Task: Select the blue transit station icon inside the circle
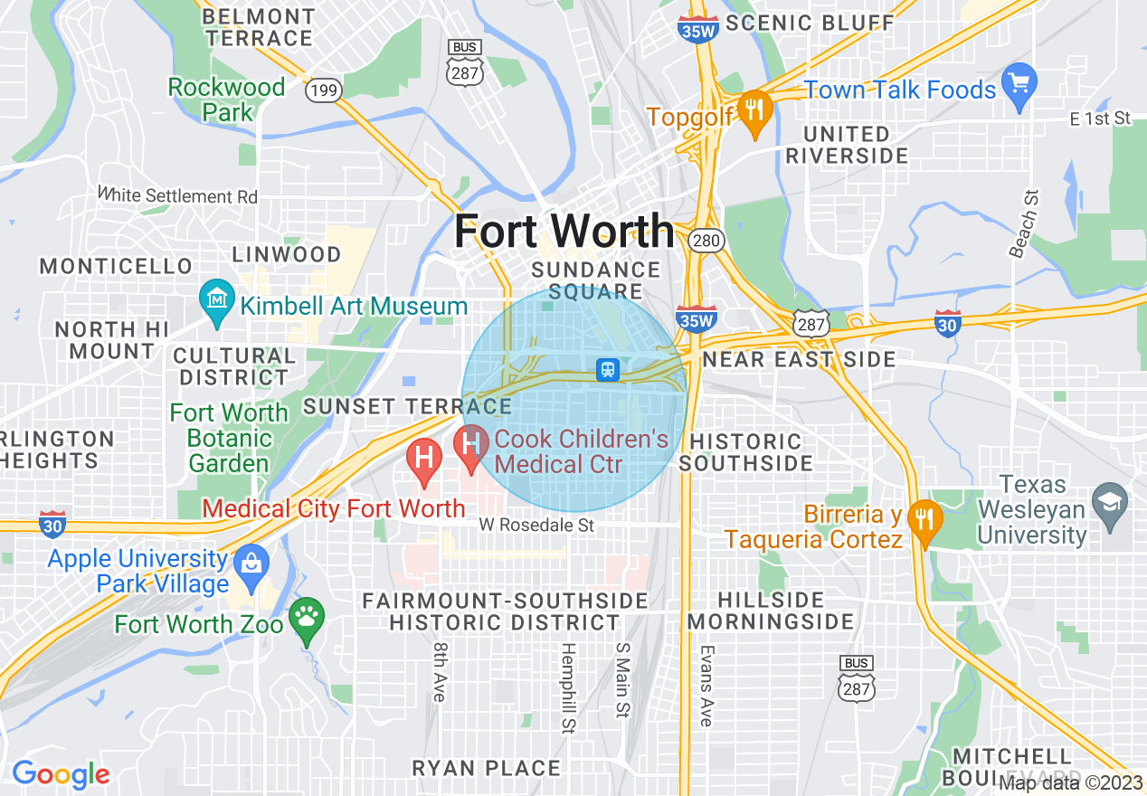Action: click(x=608, y=369)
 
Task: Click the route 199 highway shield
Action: click(x=323, y=90)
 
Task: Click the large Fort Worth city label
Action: click(x=564, y=231)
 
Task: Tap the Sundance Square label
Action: click(x=595, y=280)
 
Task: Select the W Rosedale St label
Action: click(x=536, y=525)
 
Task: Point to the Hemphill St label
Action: click(x=568, y=687)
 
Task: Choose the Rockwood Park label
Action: click(x=226, y=99)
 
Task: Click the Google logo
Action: click(x=61, y=774)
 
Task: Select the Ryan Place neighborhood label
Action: click(x=487, y=768)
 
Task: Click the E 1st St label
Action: click(x=1100, y=118)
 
